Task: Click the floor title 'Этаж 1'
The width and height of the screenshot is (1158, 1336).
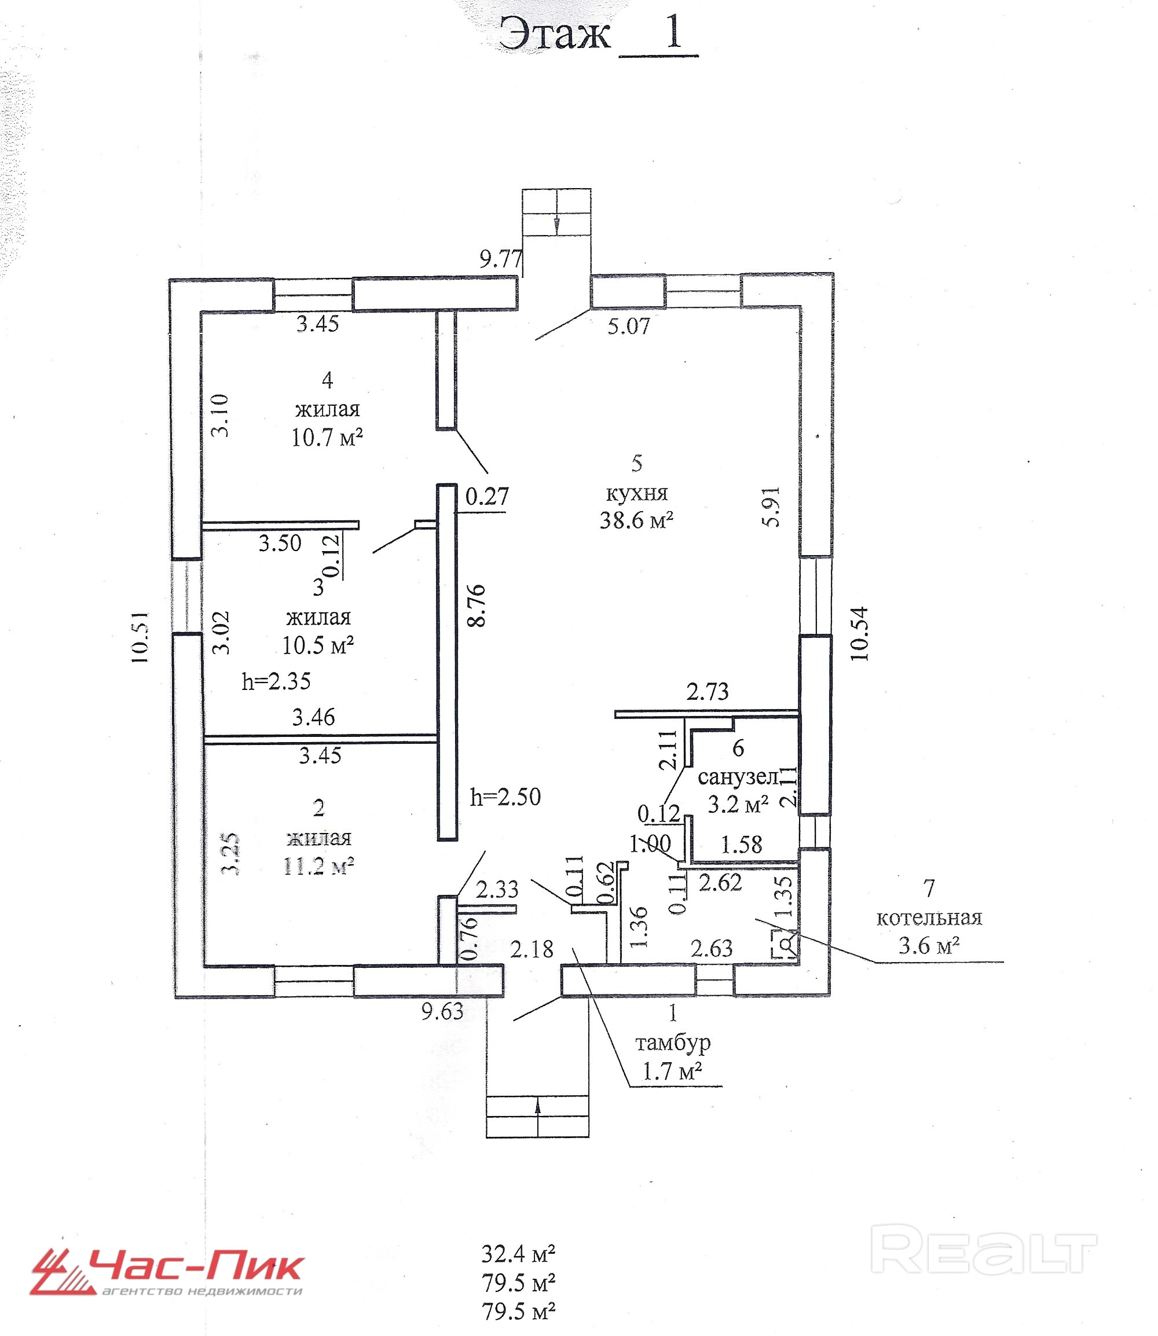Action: pos(598,34)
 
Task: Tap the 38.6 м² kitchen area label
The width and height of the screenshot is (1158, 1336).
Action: pos(636,520)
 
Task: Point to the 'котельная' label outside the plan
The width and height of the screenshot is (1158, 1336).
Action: pos(929,918)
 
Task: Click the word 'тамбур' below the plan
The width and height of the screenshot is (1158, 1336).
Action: pos(673,1042)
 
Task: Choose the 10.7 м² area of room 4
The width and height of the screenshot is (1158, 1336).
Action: pos(327,438)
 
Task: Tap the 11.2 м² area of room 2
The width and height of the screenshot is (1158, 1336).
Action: pos(319,867)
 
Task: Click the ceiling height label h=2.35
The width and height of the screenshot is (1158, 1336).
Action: pos(276,681)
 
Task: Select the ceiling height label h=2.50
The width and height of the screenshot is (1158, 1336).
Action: pos(505,797)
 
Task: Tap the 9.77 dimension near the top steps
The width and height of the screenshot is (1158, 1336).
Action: pos(501,259)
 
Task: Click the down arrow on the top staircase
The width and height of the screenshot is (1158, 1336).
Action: pos(556,225)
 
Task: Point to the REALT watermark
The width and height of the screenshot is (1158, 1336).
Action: pos(983,1252)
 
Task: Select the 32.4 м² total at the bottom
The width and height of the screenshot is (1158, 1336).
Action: pos(518,1254)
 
